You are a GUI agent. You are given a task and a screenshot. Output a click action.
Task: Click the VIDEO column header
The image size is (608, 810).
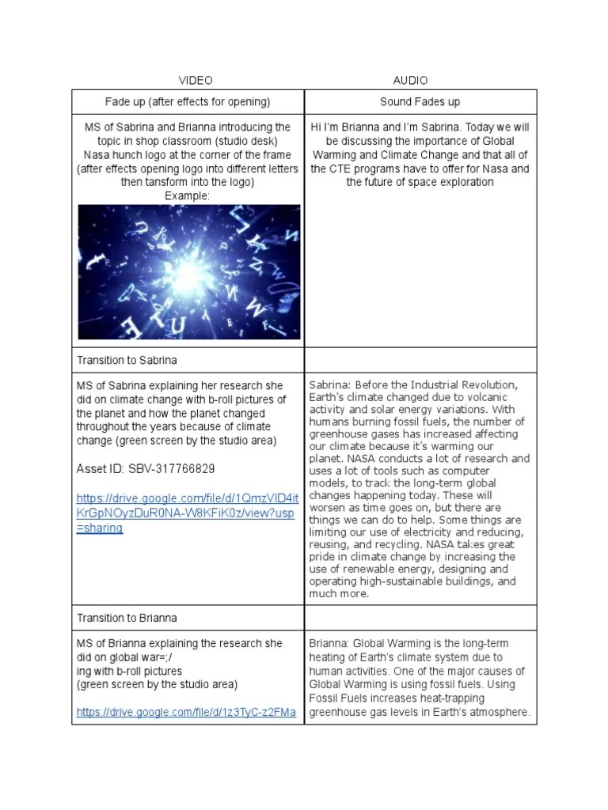click(x=195, y=81)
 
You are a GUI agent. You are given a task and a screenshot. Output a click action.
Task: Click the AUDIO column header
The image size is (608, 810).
click(x=410, y=81)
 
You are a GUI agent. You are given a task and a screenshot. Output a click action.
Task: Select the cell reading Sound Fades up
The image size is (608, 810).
click(x=420, y=102)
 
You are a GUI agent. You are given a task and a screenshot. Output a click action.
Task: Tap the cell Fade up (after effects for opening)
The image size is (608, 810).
click(x=188, y=102)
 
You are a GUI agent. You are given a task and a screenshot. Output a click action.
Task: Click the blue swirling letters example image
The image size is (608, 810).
click(x=188, y=271)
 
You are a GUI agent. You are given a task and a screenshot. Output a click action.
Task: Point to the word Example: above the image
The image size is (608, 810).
click(x=188, y=196)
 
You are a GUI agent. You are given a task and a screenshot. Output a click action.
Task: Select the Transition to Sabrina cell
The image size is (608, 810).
click(x=127, y=360)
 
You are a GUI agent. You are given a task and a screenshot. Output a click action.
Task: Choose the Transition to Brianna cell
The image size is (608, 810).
click(x=127, y=618)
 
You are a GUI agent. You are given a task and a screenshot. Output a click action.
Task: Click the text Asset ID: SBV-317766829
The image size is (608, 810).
click(x=146, y=469)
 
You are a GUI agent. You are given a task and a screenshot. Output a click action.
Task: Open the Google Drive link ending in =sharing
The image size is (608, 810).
click(x=187, y=513)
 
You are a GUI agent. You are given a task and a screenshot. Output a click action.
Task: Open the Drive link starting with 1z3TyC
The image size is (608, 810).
click(x=186, y=713)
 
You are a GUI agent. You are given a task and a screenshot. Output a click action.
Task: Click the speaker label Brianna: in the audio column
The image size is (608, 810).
click(x=329, y=644)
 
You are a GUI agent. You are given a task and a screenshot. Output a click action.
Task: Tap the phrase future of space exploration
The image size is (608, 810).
click(x=420, y=183)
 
